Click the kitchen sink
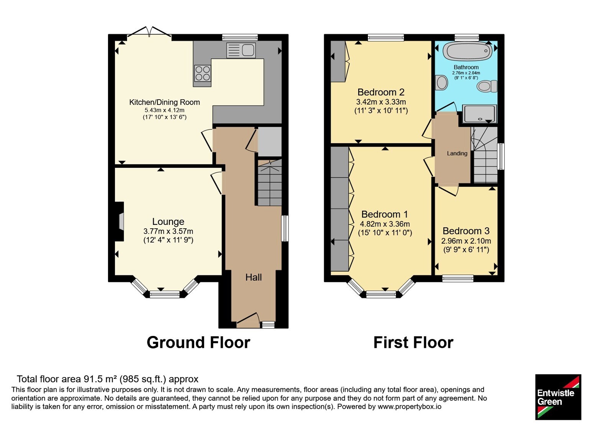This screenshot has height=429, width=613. point(241,50)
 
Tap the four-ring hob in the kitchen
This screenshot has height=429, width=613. point(203,73)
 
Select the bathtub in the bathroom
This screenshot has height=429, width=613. point(467,51)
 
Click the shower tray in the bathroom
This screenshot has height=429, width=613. point(480,113)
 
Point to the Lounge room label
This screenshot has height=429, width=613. point(168,221)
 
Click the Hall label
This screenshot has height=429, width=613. point(253,277)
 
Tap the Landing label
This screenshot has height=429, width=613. point(457,154)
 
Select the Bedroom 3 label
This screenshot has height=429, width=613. point(466,231)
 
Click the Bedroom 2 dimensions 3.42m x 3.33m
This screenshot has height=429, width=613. point(381,102)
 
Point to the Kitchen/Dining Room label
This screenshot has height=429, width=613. point(164,102)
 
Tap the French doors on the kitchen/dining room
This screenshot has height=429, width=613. point(149,32)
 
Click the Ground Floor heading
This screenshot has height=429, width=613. point(198,342)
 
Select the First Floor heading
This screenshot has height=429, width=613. point(413,342)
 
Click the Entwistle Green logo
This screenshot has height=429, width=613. point(558,397)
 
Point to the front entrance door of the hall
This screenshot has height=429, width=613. point(248,320)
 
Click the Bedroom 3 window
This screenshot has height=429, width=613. point(458,278)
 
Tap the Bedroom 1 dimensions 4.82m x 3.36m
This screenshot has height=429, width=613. point(385,224)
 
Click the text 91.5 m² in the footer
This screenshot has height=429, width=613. point(100,379)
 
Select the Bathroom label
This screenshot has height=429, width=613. point(466,67)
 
